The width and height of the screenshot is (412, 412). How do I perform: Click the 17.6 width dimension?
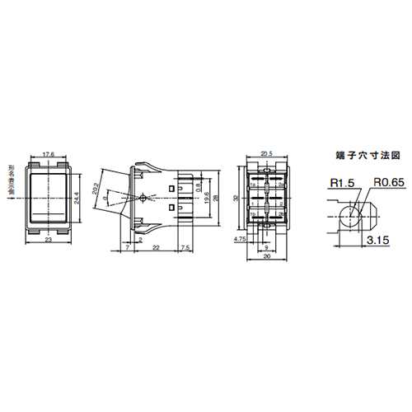(x=48, y=153)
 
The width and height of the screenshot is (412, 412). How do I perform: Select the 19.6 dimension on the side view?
(x=205, y=194)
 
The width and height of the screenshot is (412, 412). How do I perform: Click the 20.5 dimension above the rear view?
(x=265, y=153)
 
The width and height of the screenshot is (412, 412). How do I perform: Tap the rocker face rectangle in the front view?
(x=48, y=197)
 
